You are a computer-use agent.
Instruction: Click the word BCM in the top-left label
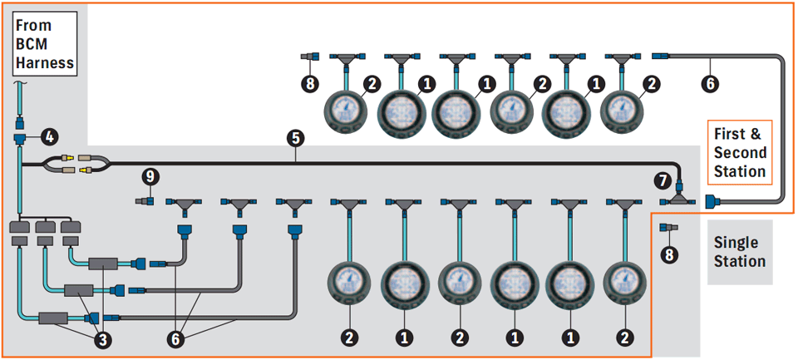32,44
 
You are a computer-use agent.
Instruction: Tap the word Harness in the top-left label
45,63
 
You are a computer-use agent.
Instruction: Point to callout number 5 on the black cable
296,138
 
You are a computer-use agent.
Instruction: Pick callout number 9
150,178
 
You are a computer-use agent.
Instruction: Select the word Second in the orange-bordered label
740,153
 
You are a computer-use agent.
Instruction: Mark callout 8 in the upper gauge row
309,82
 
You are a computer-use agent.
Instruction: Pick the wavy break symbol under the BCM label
20,81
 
